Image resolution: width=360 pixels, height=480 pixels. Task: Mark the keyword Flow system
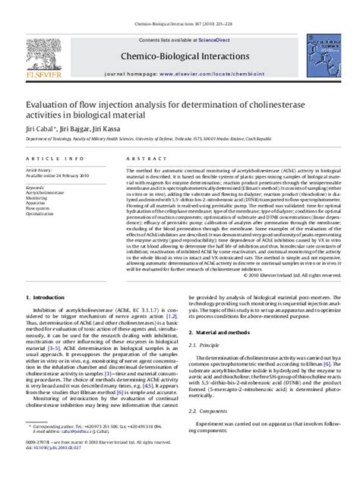tap(37, 208)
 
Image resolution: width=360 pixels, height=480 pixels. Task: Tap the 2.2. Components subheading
tap(209, 410)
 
